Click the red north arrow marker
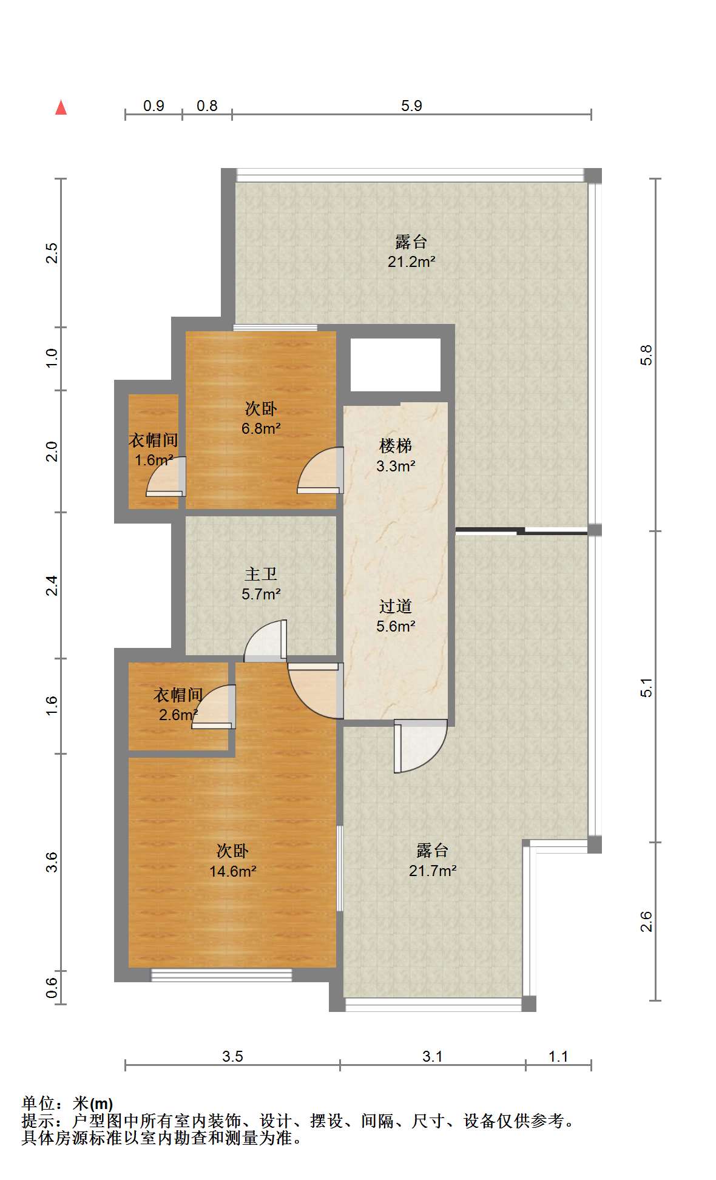pyautogui.click(x=61, y=107)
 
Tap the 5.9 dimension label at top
pyautogui.click(x=411, y=106)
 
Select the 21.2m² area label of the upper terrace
pyautogui.click(x=411, y=262)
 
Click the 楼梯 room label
pyautogui.click(x=395, y=446)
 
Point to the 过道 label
pyautogui.click(x=395, y=606)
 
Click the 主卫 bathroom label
pyautogui.click(x=261, y=574)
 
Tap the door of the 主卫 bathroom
pyautogui.click(x=265, y=641)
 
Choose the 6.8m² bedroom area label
pyautogui.click(x=261, y=428)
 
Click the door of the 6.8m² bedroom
pyautogui.click(x=320, y=470)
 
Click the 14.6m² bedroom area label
pyautogui.click(x=232, y=872)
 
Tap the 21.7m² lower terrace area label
pyautogui.click(x=432, y=871)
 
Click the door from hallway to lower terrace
pyautogui.click(x=420, y=746)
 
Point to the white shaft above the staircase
pyautogui.click(x=396, y=365)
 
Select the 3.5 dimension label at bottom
pyautogui.click(x=232, y=1056)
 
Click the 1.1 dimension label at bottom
pyautogui.click(x=558, y=1056)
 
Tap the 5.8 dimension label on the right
pyautogui.click(x=647, y=355)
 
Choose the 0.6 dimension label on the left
pyautogui.click(x=52, y=987)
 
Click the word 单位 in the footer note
pyautogui.click(x=38, y=1103)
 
